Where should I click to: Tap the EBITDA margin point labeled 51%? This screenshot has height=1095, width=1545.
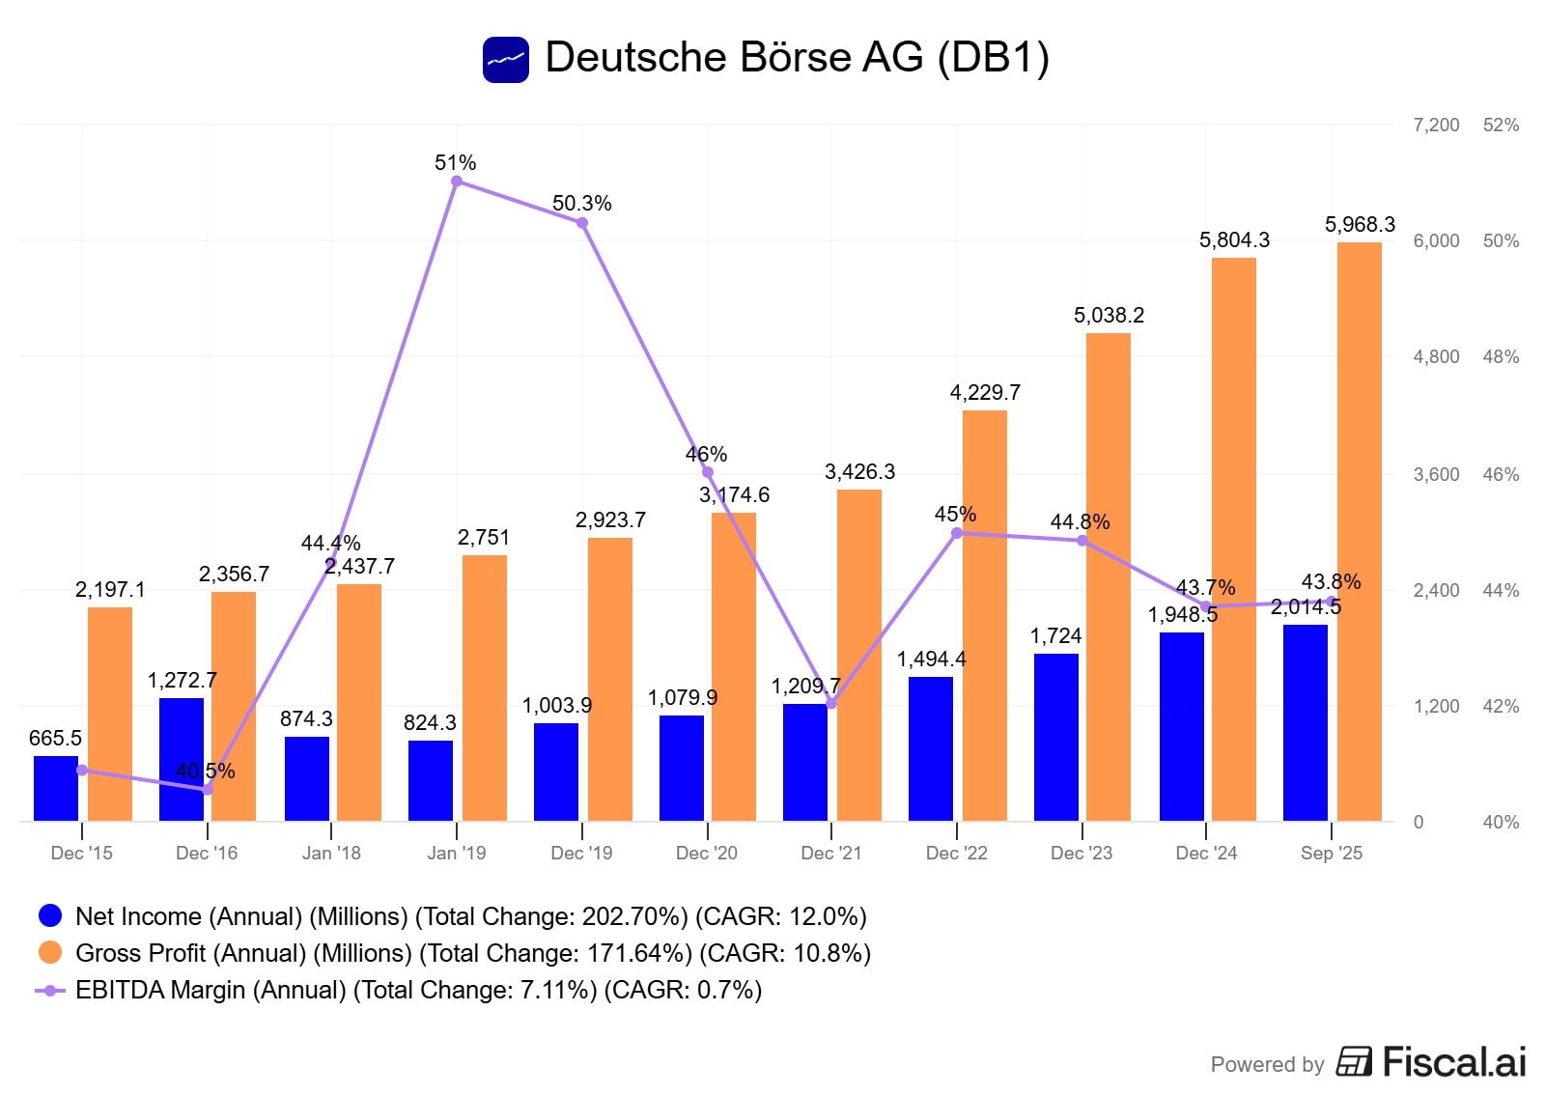(457, 182)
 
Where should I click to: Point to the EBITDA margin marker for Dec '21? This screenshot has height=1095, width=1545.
(831, 704)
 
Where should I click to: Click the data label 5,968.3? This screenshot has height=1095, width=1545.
(1360, 225)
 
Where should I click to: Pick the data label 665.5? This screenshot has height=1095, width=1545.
(55, 739)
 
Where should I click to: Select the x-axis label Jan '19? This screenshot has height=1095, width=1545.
(457, 853)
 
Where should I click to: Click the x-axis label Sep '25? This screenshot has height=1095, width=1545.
(1331, 853)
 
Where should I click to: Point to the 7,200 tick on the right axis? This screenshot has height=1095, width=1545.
(1436, 125)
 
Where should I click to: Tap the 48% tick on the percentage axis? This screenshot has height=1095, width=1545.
(1501, 356)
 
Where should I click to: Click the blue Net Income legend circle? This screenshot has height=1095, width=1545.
(50, 915)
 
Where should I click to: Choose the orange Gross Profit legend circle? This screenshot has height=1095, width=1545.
(50, 952)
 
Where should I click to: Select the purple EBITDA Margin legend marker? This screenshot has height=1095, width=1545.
(50, 990)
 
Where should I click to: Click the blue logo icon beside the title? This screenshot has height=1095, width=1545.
(506, 60)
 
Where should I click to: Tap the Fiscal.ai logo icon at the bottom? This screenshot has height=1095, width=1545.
(1354, 1061)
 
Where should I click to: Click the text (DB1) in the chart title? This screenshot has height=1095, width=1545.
(993, 58)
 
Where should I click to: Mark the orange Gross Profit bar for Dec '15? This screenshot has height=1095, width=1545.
(110, 714)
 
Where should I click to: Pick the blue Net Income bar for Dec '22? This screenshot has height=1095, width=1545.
(931, 748)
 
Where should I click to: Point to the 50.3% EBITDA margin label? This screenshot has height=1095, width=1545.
(581, 204)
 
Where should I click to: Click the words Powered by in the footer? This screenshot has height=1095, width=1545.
(1267, 1064)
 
